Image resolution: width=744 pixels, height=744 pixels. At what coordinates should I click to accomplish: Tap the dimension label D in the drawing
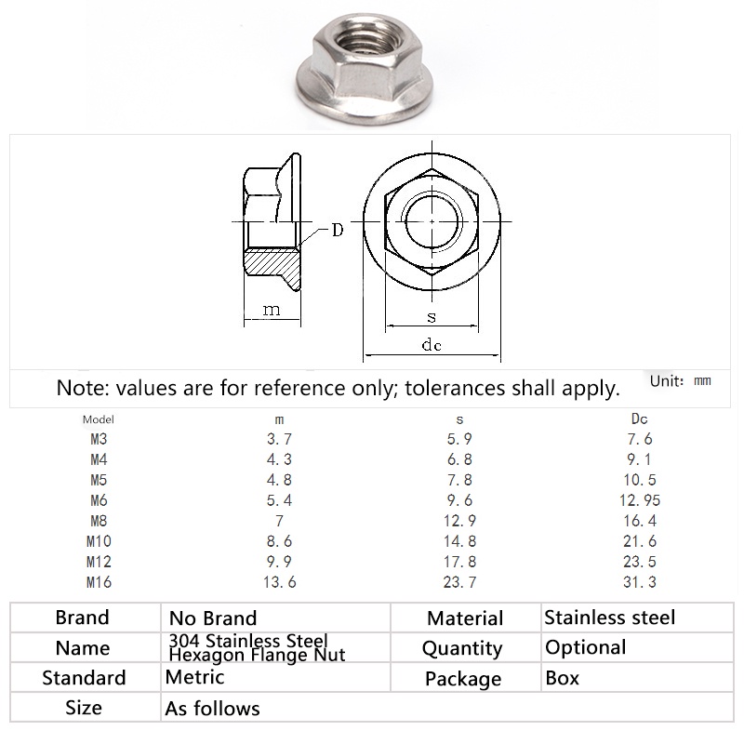coord(338,230)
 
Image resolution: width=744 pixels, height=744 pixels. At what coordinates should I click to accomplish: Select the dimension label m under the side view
coord(271,310)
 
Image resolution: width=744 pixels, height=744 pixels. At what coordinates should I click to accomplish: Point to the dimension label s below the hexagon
coord(432,317)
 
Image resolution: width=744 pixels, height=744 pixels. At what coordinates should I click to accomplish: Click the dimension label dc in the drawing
coord(431,346)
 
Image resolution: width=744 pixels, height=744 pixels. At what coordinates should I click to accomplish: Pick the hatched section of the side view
coord(273,268)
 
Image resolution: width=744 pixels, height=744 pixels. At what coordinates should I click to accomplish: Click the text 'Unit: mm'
coord(680,380)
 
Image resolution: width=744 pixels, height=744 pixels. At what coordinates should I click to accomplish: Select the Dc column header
coord(640,419)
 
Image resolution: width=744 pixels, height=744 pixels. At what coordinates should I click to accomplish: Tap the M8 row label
coord(99,521)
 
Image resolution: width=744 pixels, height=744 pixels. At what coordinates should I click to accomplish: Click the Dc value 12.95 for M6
coord(639,500)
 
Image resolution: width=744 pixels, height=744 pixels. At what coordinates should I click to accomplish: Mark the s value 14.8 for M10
coord(458,541)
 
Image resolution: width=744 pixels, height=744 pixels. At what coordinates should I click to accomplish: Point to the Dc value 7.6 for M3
coord(639,439)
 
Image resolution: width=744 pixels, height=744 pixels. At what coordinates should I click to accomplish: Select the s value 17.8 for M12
coord(458,562)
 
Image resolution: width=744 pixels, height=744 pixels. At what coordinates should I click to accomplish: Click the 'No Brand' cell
coord(212,618)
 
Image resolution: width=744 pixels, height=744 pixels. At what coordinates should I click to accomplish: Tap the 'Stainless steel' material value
coord(609,618)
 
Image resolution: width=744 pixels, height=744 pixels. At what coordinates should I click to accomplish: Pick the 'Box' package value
coord(562,678)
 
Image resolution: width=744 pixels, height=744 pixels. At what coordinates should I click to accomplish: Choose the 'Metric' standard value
coord(194,678)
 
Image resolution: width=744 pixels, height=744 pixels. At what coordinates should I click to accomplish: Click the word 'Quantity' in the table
coord(462,648)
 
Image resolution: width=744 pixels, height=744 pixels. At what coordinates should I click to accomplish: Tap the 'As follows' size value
coord(212,709)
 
